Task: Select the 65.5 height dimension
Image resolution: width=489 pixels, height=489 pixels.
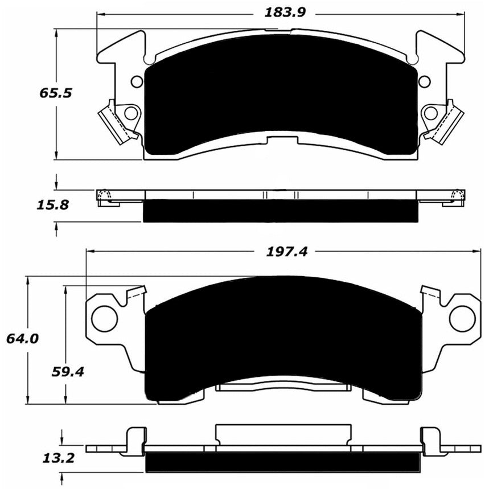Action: (x=55, y=93)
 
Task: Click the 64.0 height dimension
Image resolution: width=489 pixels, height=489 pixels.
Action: (x=22, y=339)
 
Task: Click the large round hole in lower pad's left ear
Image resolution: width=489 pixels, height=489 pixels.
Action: (x=104, y=318)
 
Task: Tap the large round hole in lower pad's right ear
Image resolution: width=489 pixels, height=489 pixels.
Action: (x=462, y=318)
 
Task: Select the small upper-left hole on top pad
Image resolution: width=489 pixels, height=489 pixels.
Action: (x=137, y=81)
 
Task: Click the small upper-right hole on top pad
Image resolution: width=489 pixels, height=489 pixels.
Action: (x=425, y=81)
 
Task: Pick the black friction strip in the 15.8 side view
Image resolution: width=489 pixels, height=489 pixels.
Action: (x=280, y=211)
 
